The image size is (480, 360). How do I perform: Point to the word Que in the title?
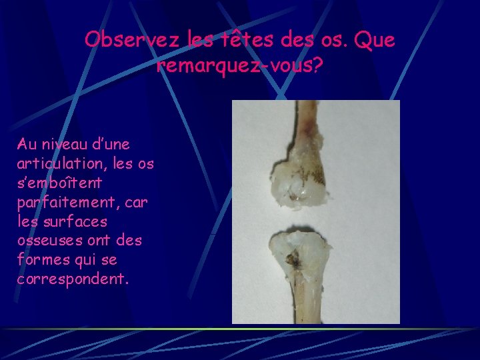coord(375,40)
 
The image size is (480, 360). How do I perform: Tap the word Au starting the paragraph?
coord(27,144)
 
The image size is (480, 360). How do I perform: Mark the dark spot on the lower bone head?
coord(291,259)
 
